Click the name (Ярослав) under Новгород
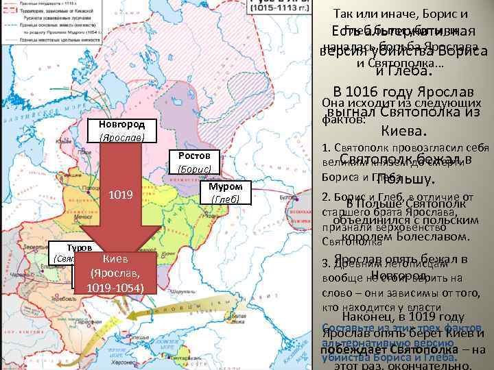click(x=121, y=137)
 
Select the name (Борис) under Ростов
click(x=194, y=169)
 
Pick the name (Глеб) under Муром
click(x=226, y=199)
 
